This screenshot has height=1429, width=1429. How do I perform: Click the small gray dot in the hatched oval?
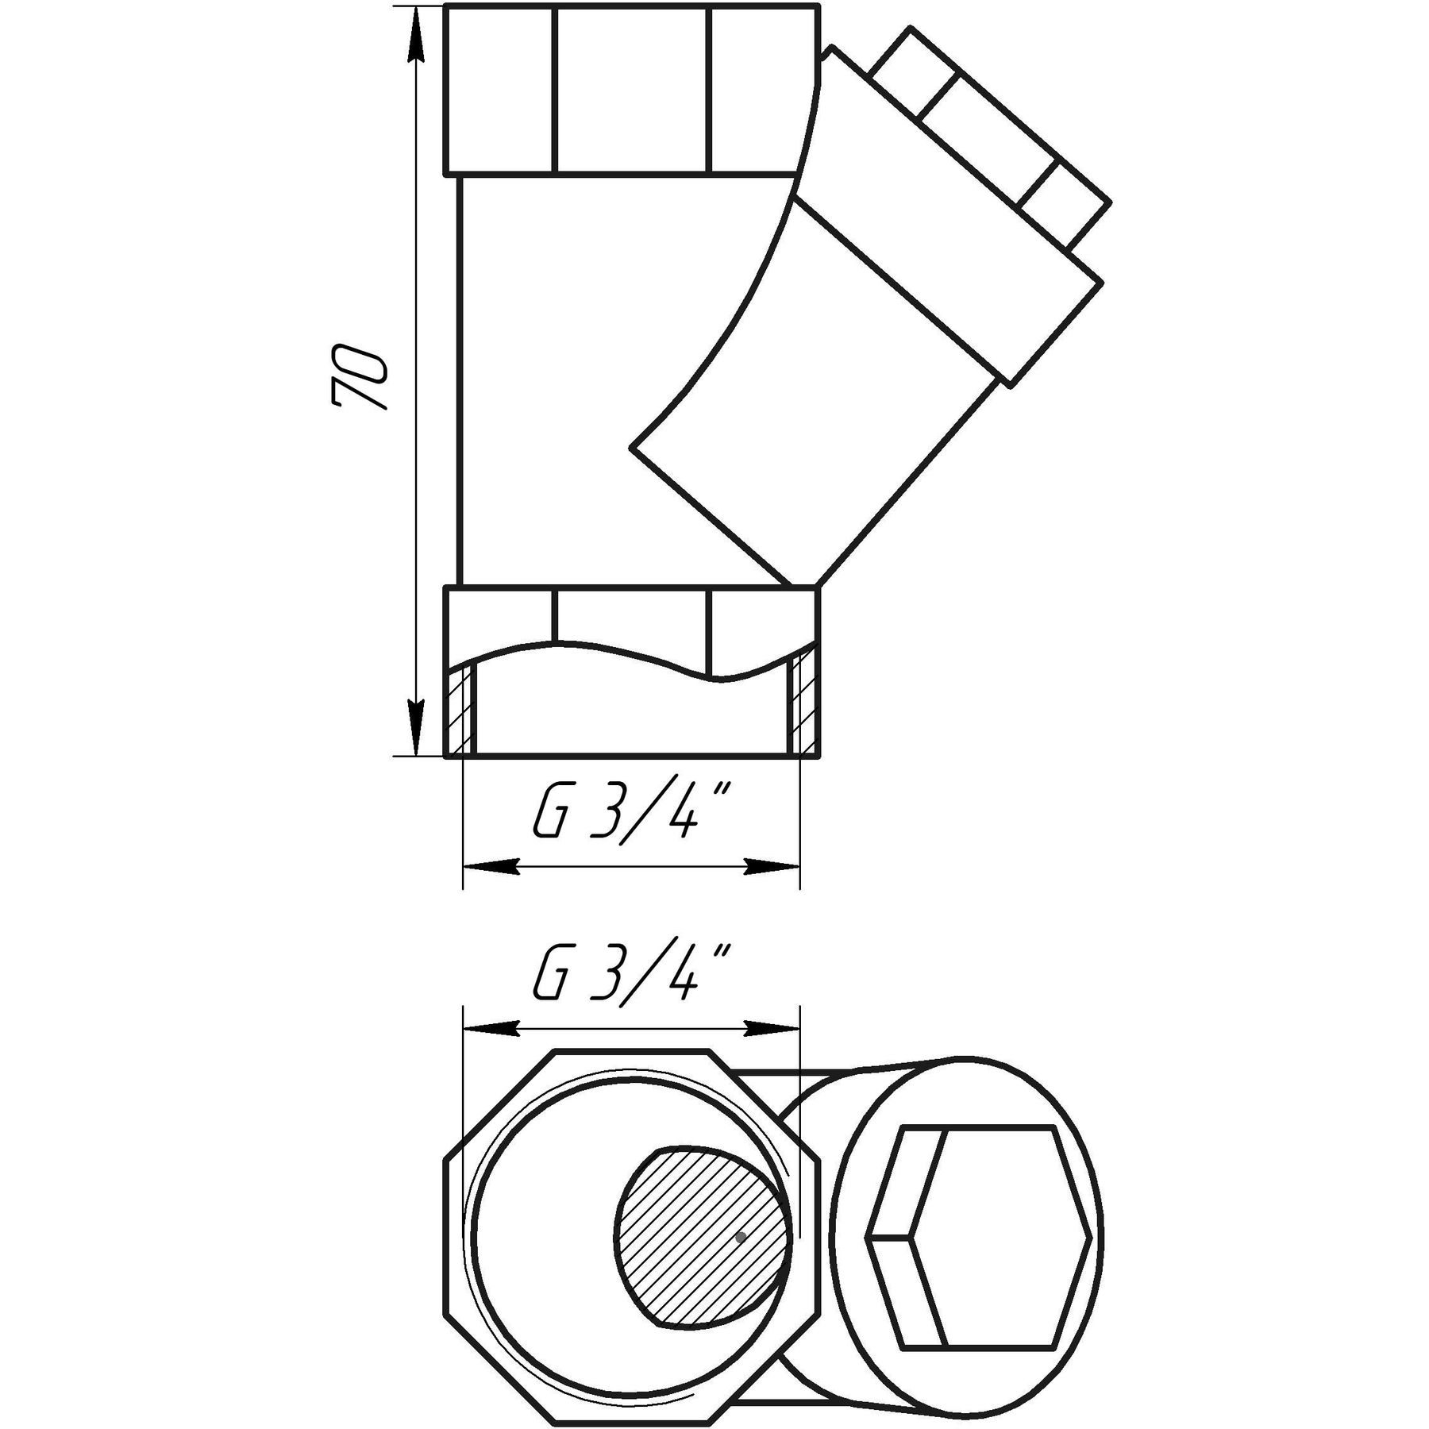741,1259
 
